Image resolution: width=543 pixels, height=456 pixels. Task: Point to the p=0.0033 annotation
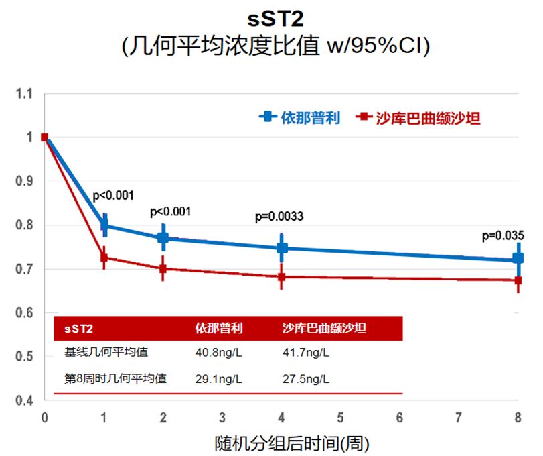pyautogui.click(x=279, y=217)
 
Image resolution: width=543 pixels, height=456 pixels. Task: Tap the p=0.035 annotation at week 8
pyautogui.click(x=502, y=236)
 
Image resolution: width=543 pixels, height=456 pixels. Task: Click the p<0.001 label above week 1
pyautogui.click(x=113, y=196)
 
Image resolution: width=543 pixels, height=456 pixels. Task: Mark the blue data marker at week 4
pyautogui.click(x=281, y=248)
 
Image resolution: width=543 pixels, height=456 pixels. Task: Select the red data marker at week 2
pyautogui.click(x=163, y=268)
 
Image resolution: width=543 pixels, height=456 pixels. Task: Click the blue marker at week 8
pyautogui.click(x=518, y=258)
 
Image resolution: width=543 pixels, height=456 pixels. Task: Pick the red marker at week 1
pyautogui.click(x=104, y=258)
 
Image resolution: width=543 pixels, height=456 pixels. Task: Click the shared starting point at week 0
pyautogui.click(x=44, y=137)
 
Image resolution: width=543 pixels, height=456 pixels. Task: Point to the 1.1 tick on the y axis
pyautogui.click(x=24, y=95)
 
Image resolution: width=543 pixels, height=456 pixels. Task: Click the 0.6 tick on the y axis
pyautogui.click(x=24, y=313)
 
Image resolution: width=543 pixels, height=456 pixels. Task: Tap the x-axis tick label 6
pyautogui.click(x=400, y=417)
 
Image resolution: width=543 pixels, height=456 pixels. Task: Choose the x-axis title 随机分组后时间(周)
pyautogui.click(x=291, y=443)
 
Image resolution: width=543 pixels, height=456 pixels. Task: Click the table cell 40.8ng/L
pyautogui.click(x=219, y=353)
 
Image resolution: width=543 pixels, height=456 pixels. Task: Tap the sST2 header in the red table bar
pyautogui.click(x=78, y=329)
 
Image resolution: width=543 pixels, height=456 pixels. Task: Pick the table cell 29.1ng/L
pyautogui.click(x=219, y=379)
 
